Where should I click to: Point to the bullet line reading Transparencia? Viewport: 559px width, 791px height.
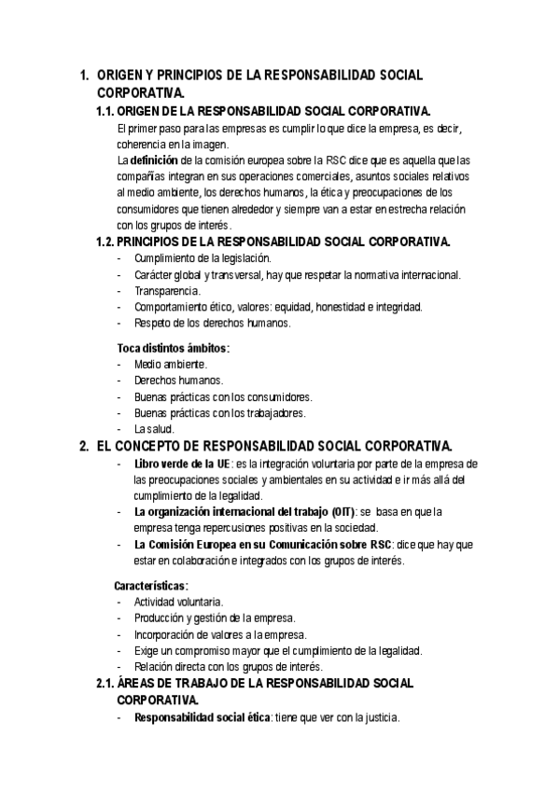point(166,290)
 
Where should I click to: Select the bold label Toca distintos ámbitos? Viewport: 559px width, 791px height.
point(173,348)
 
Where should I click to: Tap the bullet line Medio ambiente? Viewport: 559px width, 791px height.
point(171,364)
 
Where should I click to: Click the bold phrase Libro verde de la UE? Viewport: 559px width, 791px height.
point(182,464)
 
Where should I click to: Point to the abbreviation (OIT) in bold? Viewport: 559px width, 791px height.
point(343,512)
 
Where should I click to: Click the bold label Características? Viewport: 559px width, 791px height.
point(151,586)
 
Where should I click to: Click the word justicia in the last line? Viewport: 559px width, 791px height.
point(378,718)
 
